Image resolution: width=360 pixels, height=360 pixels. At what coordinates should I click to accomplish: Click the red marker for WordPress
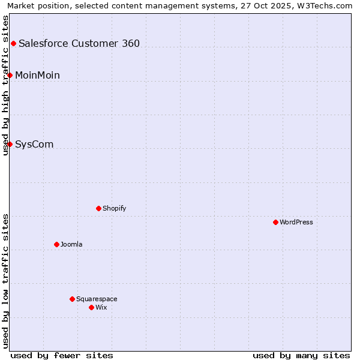[x=275, y=222]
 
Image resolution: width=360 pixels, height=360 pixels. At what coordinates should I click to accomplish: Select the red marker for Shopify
[x=98, y=208]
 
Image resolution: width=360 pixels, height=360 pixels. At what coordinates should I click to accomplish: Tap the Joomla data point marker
[x=56, y=244]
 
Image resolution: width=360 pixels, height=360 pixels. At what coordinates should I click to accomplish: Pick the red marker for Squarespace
[x=72, y=299]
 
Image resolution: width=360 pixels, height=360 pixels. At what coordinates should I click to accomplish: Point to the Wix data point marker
[x=91, y=307]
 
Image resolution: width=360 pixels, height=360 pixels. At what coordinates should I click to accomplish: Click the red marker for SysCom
[x=10, y=144]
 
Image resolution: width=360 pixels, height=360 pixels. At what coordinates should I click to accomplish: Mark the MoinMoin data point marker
[x=10, y=75]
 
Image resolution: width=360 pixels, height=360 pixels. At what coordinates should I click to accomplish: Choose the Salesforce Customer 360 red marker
[x=13, y=43]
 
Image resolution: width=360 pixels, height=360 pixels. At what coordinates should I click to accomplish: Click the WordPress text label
[x=296, y=222]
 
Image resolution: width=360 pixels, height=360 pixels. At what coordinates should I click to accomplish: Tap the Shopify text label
[x=114, y=208]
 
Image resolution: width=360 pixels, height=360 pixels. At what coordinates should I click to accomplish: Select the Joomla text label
[x=71, y=244]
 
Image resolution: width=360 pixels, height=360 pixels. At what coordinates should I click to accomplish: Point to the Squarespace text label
[x=97, y=299]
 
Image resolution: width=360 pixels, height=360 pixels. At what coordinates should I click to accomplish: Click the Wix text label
[x=101, y=307]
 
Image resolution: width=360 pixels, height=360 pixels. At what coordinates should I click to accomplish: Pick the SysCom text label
[x=34, y=144]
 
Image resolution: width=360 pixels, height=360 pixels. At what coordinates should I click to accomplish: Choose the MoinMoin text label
[x=37, y=75]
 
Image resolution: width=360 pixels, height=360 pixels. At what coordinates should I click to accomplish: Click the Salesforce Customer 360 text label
[x=79, y=43]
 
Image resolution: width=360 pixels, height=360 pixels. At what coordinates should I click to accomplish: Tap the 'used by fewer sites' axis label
[x=62, y=355]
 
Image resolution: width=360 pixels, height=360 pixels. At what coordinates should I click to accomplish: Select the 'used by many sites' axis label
[x=301, y=355]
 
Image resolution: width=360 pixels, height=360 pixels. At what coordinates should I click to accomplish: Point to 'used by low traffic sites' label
[x=5, y=281]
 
